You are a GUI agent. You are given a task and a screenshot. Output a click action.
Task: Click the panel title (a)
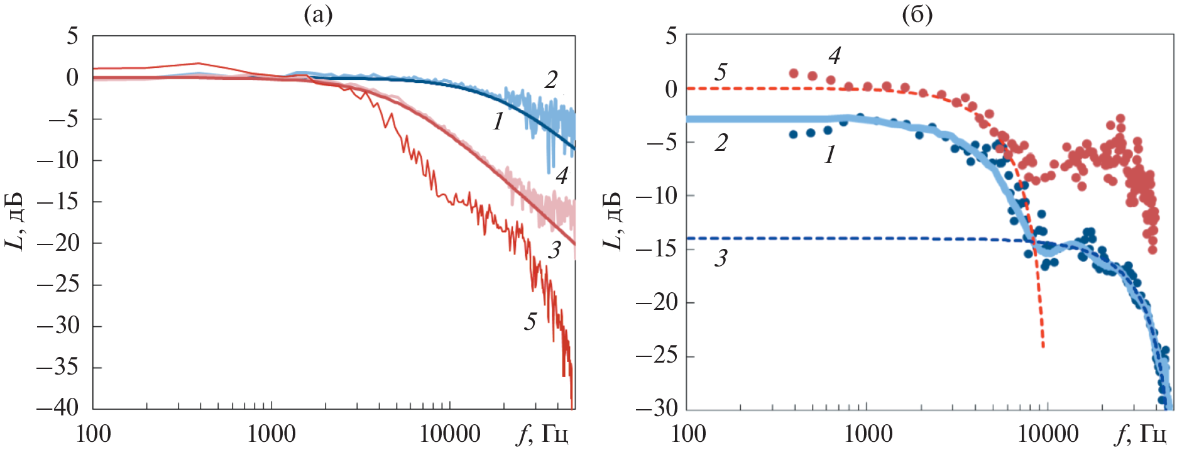coord(318,14)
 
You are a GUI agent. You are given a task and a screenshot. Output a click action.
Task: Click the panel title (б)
coord(917,14)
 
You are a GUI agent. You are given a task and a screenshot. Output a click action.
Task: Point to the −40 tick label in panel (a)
coord(58,408)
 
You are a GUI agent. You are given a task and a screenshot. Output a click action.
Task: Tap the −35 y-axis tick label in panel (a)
coord(58,366)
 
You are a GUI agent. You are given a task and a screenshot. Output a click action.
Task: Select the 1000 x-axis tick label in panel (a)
coord(271,434)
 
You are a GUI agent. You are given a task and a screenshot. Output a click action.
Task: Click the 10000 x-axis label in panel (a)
coord(450,434)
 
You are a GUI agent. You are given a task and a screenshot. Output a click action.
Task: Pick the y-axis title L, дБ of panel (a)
coord(15,220)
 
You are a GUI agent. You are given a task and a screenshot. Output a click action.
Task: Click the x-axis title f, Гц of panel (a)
coord(542,434)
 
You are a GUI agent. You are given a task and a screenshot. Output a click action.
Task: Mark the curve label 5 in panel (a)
coord(530,322)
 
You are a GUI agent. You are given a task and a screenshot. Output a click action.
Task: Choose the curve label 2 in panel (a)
coord(551,80)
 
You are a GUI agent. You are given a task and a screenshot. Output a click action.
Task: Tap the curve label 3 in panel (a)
coord(554,250)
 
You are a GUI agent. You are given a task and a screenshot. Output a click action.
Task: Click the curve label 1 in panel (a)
coord(498,121)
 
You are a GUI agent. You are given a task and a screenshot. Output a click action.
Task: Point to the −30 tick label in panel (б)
coord(656,409)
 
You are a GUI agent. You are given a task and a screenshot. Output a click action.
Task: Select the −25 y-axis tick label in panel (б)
coord(656,356)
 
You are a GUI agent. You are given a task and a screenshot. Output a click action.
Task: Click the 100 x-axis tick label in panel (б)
coord(689,434)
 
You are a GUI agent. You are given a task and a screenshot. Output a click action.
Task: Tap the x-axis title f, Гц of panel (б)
coord(1139,434)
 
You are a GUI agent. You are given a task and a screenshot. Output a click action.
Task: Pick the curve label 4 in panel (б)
coord(835,57)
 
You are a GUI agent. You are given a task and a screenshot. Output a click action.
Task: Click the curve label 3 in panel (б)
coord(721,258)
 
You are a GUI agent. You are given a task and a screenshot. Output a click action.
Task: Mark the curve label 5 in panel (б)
coord(721,72)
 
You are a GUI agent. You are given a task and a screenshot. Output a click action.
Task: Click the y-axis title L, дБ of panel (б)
coord(612,220)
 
